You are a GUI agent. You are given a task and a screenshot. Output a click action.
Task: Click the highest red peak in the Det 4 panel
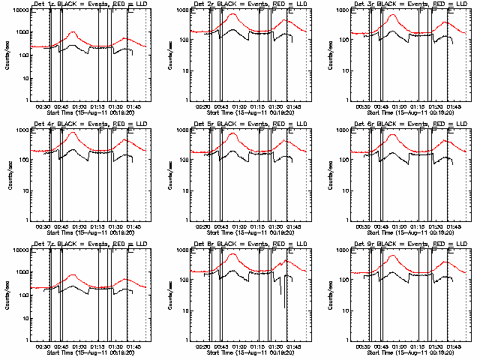pos(73,133)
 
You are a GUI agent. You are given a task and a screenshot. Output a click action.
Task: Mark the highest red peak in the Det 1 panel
pos(73,32)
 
